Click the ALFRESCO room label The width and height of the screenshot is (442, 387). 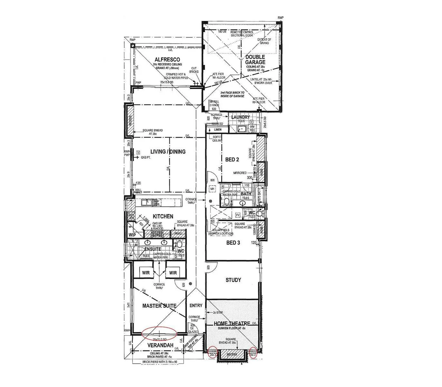click(167, 59)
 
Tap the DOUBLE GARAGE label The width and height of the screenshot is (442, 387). click(255, 59)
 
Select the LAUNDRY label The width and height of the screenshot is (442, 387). click(241, 117)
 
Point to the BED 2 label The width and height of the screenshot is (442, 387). click(232, 159)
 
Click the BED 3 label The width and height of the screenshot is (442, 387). click(233, 243)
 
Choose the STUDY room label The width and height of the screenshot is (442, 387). click(233, 280)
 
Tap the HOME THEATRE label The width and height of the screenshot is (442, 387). click(232, 324)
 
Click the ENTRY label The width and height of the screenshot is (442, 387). click(196, 306)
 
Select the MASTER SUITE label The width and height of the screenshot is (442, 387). click(159, 306)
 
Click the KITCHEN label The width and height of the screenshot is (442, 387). click(163, 216)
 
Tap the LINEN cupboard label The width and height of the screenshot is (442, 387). click(218, 129)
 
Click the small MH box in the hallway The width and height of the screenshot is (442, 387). click(212, 189)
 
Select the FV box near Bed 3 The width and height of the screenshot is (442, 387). click(238, 215)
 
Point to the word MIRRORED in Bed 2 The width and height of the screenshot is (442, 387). click(240, 173)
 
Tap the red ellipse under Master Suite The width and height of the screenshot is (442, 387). click(159, 333)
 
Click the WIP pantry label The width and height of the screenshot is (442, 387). click(132, 235)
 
